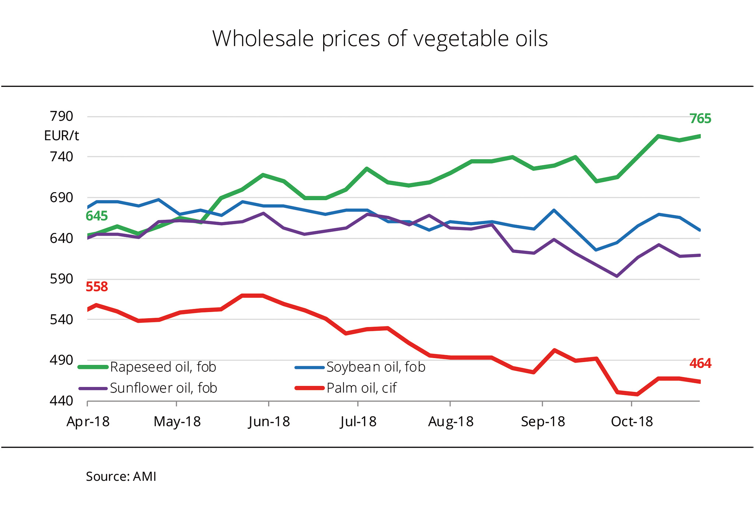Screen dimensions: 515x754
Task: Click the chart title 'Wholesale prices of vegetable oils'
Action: click(x=380, y=39)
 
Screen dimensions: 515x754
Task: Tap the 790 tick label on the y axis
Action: click(x=61, y=116)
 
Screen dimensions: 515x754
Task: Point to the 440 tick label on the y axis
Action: click(x=61, y=401)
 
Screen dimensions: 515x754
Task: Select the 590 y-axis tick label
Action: click(x=61, y=279)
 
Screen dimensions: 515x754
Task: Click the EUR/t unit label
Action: click(x=61, y=136)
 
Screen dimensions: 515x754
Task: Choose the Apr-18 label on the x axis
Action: click(x=88, y=421)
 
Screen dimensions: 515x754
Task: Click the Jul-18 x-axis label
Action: click(x=358, y=421)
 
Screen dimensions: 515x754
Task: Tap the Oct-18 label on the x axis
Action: click(x=632, y=421)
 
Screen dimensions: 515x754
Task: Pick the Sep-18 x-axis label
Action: click(x=543, y=421)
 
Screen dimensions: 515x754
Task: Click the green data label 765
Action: click(x=700, y=119)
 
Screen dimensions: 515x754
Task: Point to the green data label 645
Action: click(x=96, y=216)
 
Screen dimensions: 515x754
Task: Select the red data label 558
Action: click(x=96, y=287)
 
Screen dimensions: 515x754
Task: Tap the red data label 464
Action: click(x=700, y=364)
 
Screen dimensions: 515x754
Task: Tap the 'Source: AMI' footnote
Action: click(x=121, y=477)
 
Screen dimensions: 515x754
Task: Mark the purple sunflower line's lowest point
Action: click(x=617, y=276)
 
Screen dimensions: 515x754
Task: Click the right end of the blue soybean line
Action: click(x=700, y=230)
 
